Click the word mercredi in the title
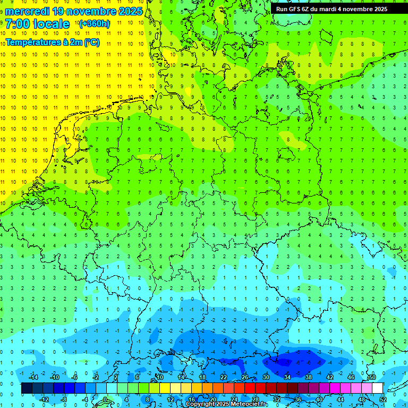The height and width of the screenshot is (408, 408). (x=28, y=11)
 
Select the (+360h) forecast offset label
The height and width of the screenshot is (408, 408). (x=94, y=24)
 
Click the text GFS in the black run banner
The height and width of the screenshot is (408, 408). (x=295, y=9)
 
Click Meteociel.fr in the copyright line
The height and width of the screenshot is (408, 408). (x=249, y=404)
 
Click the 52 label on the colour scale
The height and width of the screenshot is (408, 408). (x=383, y=399)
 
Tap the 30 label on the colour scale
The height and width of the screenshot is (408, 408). (x=266, y=377)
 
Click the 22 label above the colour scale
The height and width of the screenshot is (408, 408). (x=224, y=377)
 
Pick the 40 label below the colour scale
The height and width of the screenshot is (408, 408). (x=319, y=399)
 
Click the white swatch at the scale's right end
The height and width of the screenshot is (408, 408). (x=378, y=388)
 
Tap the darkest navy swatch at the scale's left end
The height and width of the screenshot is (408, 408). (x=27, y=388)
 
